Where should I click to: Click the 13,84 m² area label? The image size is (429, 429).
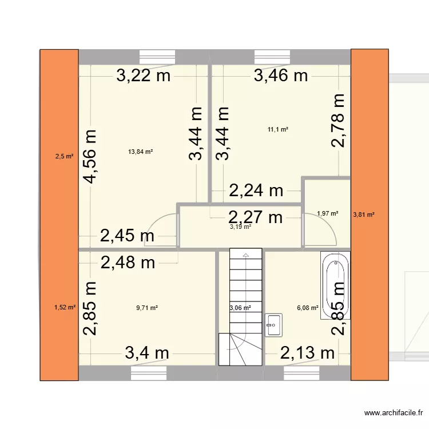(x=141, y=152)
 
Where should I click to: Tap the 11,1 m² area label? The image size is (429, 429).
(x=277, y=130)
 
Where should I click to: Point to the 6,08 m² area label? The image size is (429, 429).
(x=308, y=308)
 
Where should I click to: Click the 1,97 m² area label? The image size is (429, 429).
(x=327, y=214)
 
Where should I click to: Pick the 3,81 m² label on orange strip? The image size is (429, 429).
(x=364, y=214)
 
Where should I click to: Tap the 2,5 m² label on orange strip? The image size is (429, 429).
(x=64, y=156)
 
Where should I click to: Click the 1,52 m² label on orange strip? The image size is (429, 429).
(x=65, y=307)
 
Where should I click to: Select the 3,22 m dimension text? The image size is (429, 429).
(x=144, y=76)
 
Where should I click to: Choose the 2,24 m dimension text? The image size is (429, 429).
(x=256, y=190)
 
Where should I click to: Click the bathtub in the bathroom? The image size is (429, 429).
(x=336, y=287)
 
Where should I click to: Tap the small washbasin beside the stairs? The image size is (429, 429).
(x=272, y=324)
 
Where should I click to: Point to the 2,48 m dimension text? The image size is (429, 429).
(x=128, y=263)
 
